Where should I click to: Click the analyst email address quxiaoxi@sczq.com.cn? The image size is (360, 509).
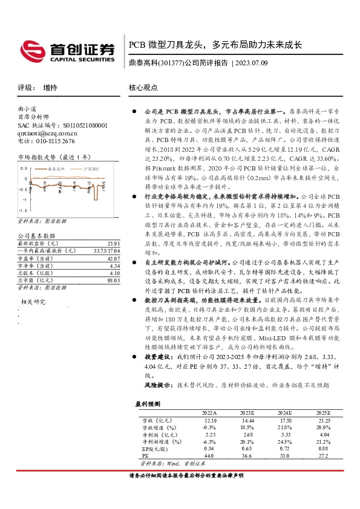click(47, 133)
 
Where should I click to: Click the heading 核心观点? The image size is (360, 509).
click(143, 88)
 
